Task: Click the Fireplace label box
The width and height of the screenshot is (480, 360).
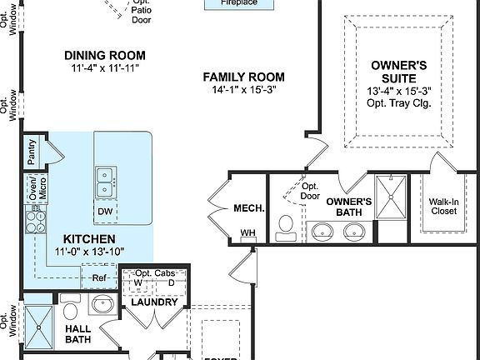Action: coord(238,3)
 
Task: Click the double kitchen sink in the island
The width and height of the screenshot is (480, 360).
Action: coord(106,176)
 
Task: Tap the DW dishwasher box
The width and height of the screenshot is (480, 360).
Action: coord(105,212)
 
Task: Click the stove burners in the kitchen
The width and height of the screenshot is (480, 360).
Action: coord(37,221)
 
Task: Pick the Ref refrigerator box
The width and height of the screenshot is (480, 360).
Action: coord(98,277)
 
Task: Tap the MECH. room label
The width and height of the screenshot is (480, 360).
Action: coord(249,208)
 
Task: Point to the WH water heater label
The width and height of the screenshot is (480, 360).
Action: coord(247,233)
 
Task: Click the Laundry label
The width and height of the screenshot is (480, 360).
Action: coord(154,302)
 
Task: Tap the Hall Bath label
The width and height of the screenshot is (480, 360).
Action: coord(77,334)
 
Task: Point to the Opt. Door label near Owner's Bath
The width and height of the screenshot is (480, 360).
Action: coord(310,191)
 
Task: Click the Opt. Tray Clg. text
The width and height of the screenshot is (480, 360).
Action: coord(398,103)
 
